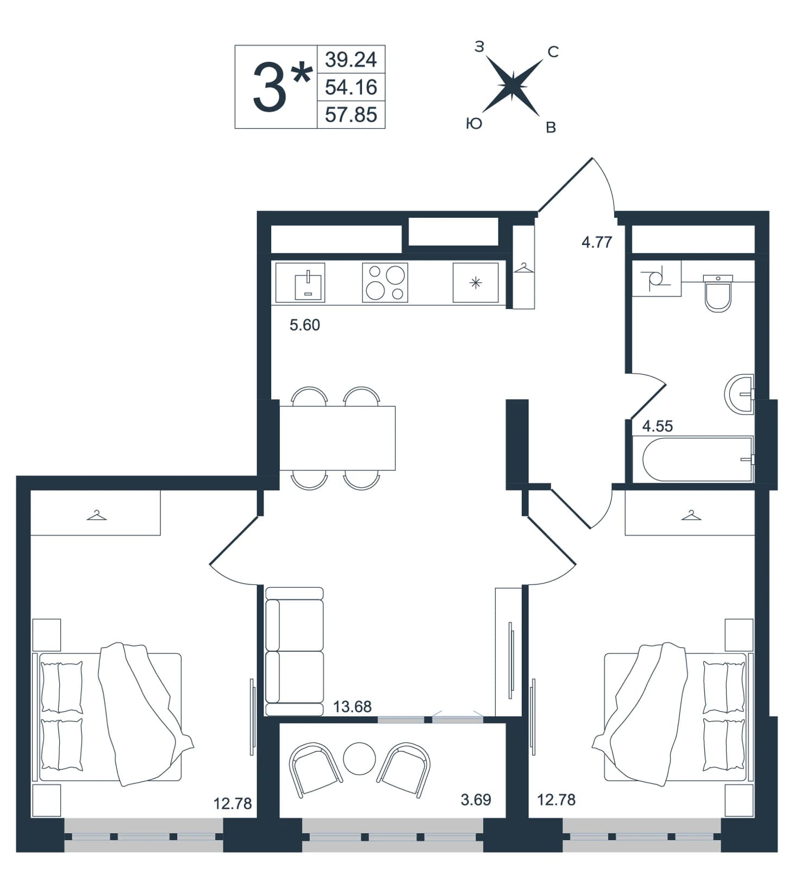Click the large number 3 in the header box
(x=270, y=87)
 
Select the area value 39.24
(x=351, y=59)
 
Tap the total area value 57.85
(x=351, y=115)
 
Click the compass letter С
(x=553, y=52)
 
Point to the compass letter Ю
(x=474, y=124)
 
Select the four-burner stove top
(x=385, y=282)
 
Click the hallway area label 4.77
(x=597, y=242)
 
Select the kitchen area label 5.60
(x=305, y=325)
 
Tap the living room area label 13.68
(x=352, y=707)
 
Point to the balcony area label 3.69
(x=476, y=799)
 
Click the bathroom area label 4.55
(x=658, y=426)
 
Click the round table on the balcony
(x=359, y=759)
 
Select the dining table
(x=337, y=438)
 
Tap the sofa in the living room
(x=295, y=651)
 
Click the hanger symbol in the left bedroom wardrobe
(x=97, y=515)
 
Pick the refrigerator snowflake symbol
(x=476, y=282)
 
